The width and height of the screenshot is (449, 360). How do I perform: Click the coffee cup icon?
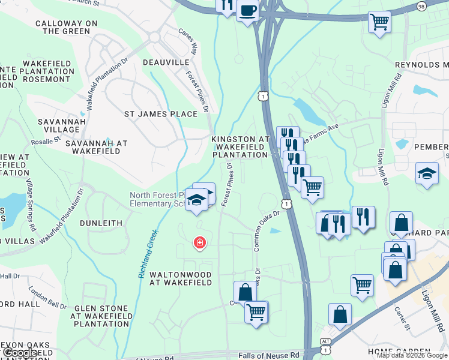247,10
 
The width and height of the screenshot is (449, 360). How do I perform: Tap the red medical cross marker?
199,243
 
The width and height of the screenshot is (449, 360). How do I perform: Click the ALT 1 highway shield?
325,347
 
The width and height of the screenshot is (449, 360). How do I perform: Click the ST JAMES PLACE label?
160,114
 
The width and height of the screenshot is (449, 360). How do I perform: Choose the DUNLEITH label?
101,223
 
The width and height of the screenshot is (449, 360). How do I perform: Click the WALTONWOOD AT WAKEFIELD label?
180,278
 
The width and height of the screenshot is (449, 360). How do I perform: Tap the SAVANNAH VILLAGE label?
58,125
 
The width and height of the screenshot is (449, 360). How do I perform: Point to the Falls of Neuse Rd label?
268,355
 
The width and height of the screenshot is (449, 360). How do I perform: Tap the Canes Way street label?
188,40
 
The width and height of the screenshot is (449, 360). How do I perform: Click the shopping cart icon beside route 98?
379,23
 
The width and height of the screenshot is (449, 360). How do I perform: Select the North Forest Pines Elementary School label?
157,199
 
